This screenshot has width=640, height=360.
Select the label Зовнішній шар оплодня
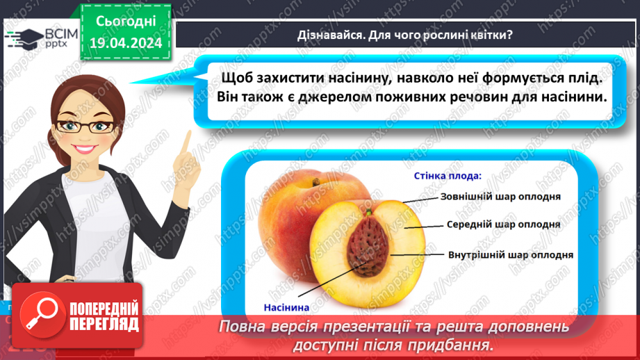point(500,197)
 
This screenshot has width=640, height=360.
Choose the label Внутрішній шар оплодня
point(511,254)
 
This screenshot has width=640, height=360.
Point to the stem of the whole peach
point(316,183)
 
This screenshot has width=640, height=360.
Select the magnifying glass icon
point(42,313)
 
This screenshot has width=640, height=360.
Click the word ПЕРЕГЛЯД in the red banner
point(105,325)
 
